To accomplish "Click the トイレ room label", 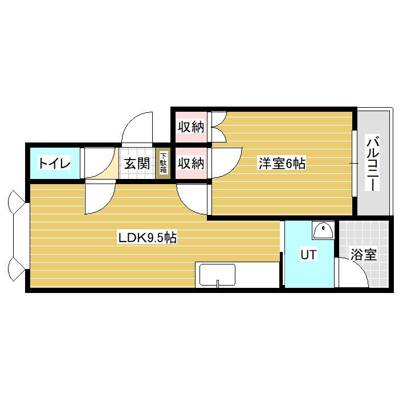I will point(54,164).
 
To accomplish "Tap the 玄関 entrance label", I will point(137,164).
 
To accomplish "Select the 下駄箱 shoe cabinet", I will point(163,163).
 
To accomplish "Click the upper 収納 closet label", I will point(190,127).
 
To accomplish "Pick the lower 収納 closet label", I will point(190,164).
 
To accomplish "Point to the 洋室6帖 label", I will point(282,164).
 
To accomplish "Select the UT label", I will point(308,255).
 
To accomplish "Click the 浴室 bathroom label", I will point(363,255).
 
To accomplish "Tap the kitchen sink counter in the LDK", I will point(217,275).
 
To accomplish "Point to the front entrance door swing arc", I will point(139,127).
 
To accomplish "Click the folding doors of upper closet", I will point(218,127).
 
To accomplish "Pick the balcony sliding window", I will point(354,164).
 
